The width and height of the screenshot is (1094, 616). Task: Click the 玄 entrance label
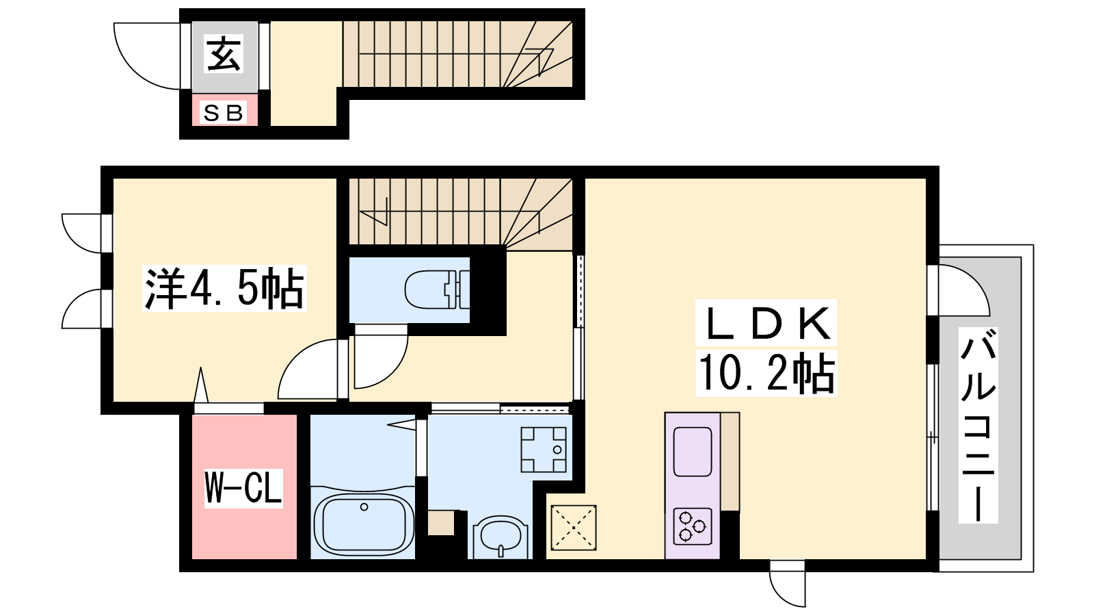224,55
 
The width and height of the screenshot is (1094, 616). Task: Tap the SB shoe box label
224,114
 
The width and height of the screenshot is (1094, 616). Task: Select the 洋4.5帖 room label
224,288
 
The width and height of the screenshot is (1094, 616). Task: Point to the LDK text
766,322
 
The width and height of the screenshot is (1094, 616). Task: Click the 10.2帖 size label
766,373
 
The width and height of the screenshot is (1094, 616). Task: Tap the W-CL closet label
243,487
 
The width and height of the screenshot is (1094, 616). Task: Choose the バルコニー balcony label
978,424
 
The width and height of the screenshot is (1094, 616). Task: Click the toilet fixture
437,290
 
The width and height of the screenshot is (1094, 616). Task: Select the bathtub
364,524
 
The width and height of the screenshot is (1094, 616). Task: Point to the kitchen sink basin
693,451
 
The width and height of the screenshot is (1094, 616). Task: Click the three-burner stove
693,526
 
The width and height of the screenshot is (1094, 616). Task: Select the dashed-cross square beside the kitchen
574,528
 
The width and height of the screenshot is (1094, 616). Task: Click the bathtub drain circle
364,507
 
